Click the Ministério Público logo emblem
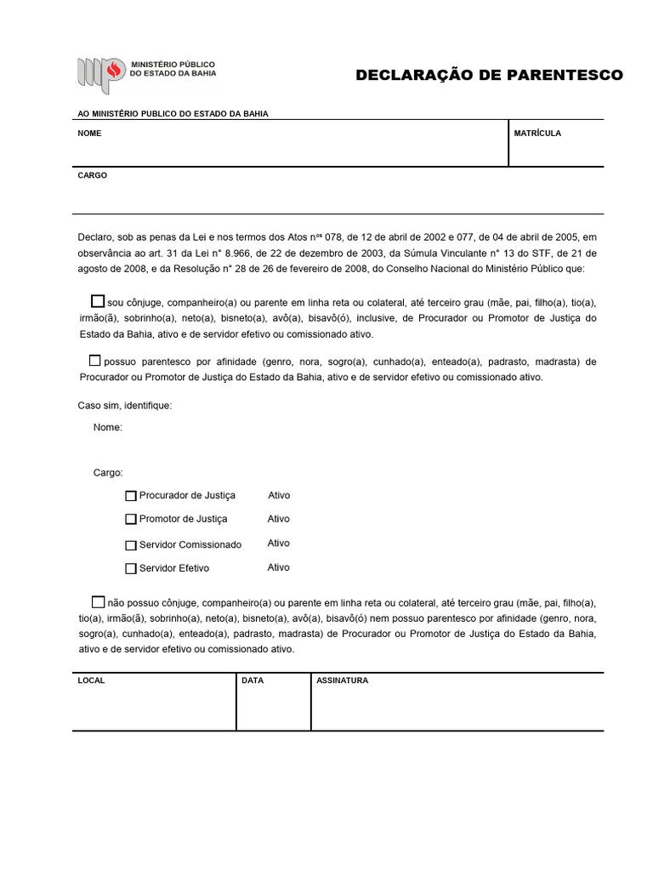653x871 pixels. pyautogui.click(x=101, y=74)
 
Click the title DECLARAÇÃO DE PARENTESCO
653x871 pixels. pyautogui.click(x=489, y=75)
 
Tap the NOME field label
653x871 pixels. pyautogui.click(x=89, y=134)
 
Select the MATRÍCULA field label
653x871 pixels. pyautogui.click(x=537, y=134)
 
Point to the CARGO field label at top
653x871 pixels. pyautogui.click(x=92, y=176)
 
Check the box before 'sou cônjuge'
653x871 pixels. pyautogui.click(x=98, y=301)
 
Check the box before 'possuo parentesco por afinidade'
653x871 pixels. pyautogui.click(x=94, y=360)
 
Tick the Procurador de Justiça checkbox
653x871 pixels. pyautogui.click(x=131, y=496)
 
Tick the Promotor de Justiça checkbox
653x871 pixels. pyautogui.click(x=131, y=519)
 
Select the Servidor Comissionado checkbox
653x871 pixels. pyautogui.click(x=131, y=545)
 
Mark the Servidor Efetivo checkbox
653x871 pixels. pyautogui.click(x=131, y=568)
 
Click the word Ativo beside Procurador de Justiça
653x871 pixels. pyautogui.click(x=279, y=495)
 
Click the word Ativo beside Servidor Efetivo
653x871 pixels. pyautogui.click(x=279, y=567)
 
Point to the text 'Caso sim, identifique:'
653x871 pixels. pyautogui.click(x=125, y=406)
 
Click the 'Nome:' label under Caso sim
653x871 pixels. pyautogui.click(x=108, y=428)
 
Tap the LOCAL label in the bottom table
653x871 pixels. pyautogui.click(x=91, y=681)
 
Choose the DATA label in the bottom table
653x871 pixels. pyautogui.click(x=253, y=681)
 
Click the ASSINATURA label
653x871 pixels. pyautogui.click(x=342, y=681)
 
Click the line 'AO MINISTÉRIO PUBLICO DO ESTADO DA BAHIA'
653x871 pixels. pyautogui.click(x=173, y=114)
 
